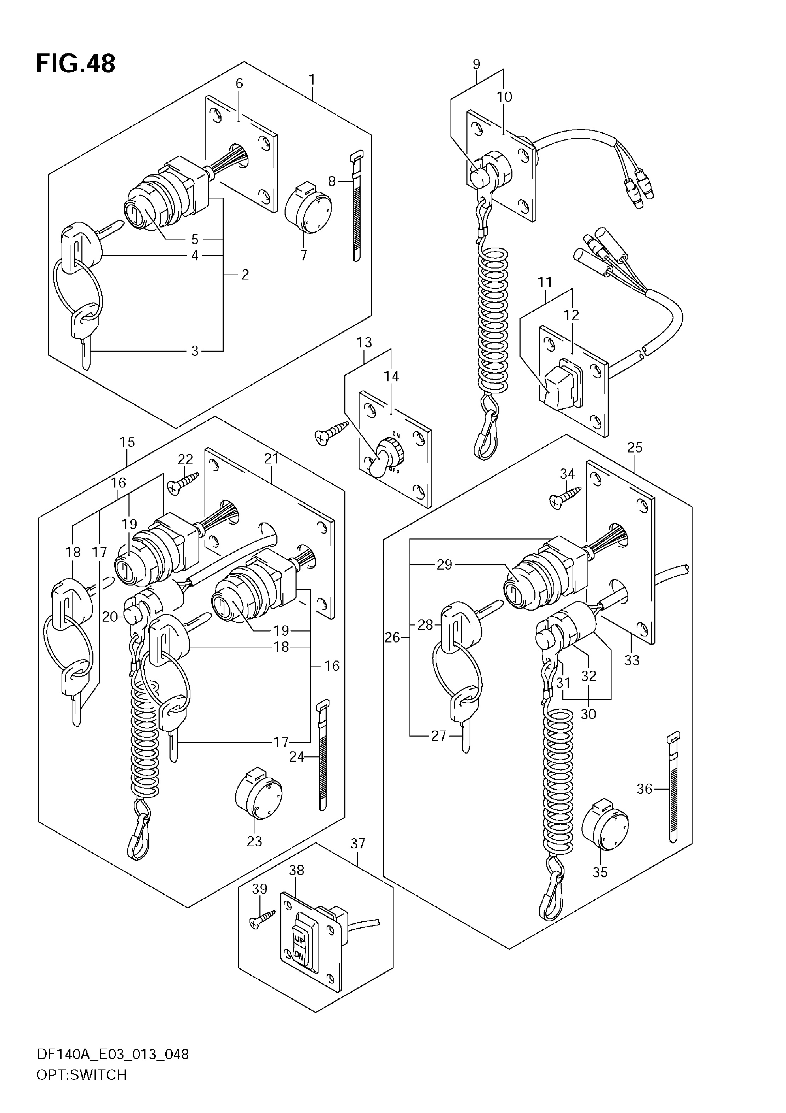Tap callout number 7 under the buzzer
304,255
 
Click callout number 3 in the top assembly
195,351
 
